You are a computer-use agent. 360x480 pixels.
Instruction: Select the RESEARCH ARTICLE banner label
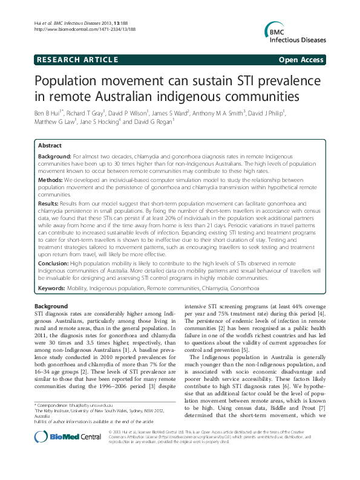[77, 60]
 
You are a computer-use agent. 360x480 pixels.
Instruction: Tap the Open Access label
[302, 60]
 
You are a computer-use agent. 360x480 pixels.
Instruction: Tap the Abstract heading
[50, 146]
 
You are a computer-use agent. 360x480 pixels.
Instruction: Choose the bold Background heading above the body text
[51, 306]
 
